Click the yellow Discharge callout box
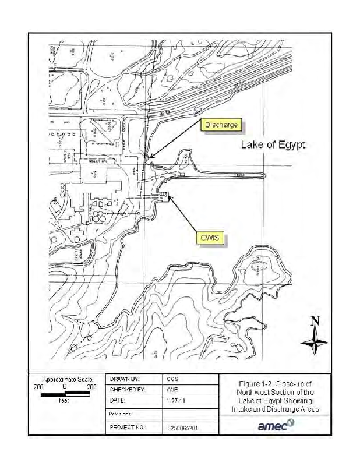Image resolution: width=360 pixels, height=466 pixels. click(220, 125)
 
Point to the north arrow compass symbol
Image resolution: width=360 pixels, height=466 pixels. click(315, 341)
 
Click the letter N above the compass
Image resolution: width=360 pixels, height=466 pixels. click(315, 321)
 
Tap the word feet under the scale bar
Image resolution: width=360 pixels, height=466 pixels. click(65, 401)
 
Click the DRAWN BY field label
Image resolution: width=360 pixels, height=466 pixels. click(124, 378)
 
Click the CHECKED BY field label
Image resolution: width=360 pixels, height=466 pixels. click(127, 389)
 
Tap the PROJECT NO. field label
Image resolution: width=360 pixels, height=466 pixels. click(128, 427)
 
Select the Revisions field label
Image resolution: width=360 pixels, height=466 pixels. click(121, 414)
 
